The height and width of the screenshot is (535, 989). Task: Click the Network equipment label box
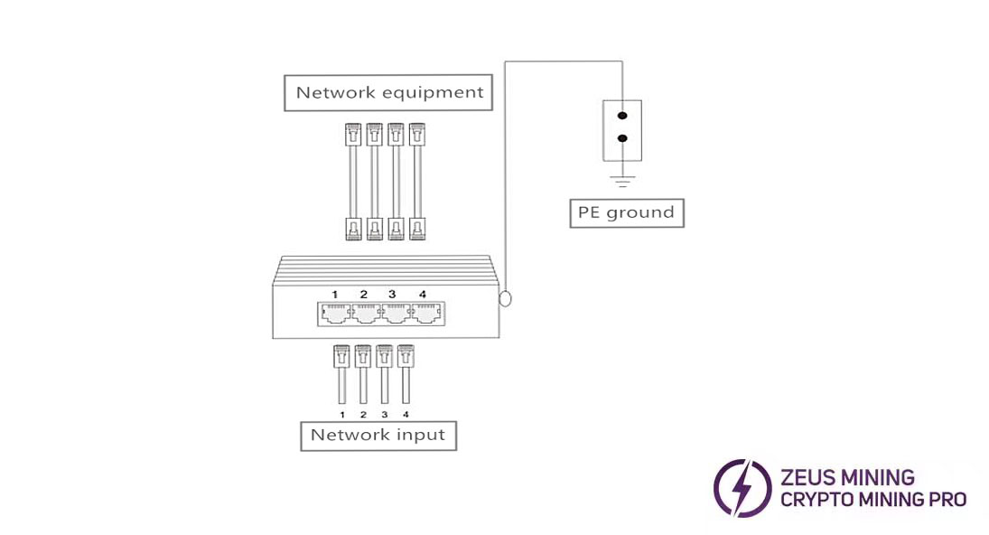pyautogui.click(x=389, y=92)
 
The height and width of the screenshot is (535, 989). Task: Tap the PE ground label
pyautogui.click(x=626, y=213)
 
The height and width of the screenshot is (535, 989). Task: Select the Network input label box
pyautogui.click(x=378, y=435)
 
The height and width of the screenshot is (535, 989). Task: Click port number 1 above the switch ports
pyautogui.click(x=334, y=295)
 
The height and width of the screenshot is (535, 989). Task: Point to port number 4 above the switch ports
pyautogui.click(x=422, y=295)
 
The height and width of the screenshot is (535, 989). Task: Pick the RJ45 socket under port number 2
pyautogui.click(x=365, y=314)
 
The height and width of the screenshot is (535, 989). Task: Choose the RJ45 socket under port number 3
pyautogui.click(x=395, y=314)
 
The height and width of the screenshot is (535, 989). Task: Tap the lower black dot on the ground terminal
pyautogui.click(x=621, y=139)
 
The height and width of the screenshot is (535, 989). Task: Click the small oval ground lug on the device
pyautogui.click(x=505, y=297)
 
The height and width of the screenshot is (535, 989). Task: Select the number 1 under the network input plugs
pyautogui.click(x=342, y=414)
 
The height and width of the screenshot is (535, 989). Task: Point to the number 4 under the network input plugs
pyautogui.click(x=406, y=414)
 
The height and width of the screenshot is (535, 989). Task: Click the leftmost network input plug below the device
pyautogui.click(x=341, y=356)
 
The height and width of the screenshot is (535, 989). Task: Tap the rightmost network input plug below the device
pyautogui.click(x=406, y=356)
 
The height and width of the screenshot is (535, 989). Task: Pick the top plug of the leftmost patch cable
pyautogui.click(x=352, y=136)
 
